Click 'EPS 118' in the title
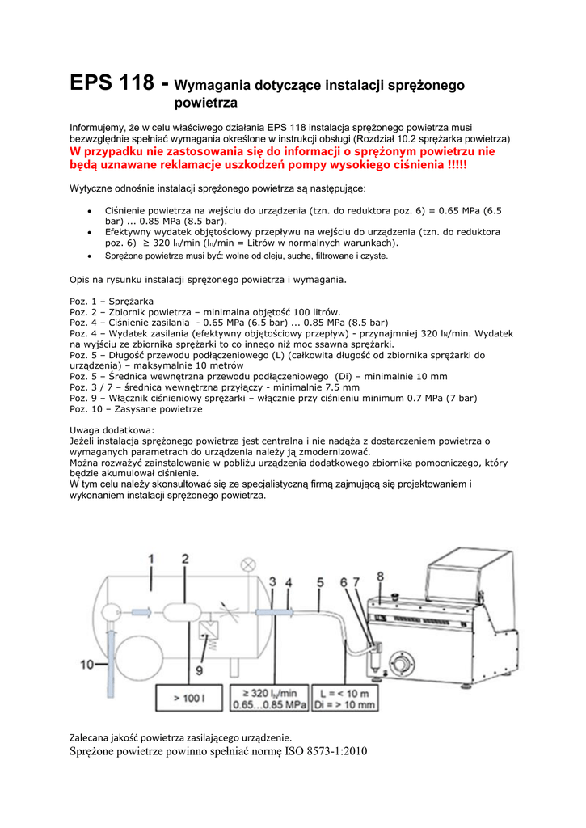(x=112, y=83)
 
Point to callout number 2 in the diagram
(x=185, y=559)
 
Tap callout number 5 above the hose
(x=320, y=581)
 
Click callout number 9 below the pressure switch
(x=197, y=670)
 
